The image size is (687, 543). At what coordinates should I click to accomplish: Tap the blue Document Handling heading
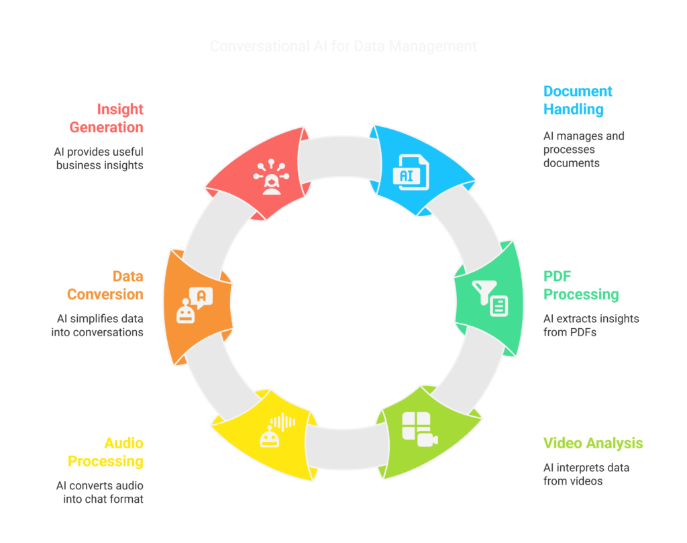(x=578, y=100)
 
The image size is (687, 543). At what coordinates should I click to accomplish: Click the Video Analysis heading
(x=592, y=443)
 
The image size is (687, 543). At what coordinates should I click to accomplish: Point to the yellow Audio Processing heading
(x=105, y=452)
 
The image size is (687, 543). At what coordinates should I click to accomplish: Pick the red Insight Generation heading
(x=105, y=117)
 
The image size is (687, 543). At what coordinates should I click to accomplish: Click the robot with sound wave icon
(x=276, y=430)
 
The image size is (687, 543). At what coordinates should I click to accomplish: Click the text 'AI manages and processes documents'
(x=583, y=149)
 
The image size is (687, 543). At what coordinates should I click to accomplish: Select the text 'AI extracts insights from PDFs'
(x=590, y=325)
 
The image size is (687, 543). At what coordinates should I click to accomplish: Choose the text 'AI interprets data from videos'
(x=586, y=474)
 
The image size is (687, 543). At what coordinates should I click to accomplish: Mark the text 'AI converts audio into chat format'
(x=99, y=492)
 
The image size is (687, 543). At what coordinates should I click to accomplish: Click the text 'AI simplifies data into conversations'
(x=98, y=325)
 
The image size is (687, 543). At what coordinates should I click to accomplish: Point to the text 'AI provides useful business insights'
(x=99, y=158)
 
